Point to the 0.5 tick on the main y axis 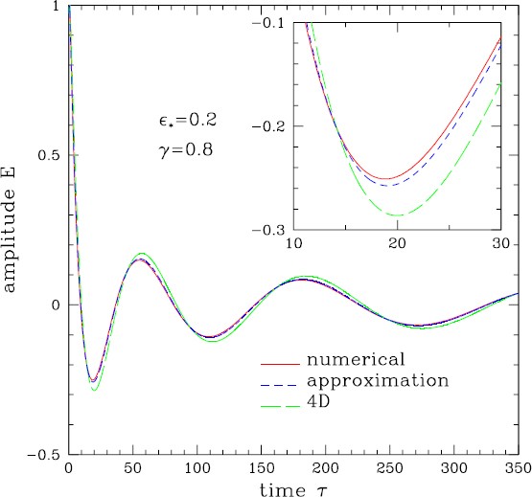47,156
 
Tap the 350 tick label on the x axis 517,469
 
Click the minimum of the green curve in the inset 398,215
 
